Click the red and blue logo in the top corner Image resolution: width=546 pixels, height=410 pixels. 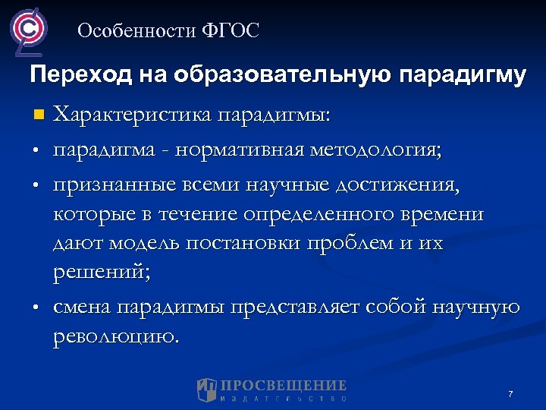(x=28, y=30)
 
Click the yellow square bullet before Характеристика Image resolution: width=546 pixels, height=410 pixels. (x=39, y=116)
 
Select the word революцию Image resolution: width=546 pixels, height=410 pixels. (x=117, y=336)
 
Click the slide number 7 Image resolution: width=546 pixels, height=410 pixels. (x=510, y=394)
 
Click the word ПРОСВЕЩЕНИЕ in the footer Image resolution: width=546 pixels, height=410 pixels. (x=284, y=385)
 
